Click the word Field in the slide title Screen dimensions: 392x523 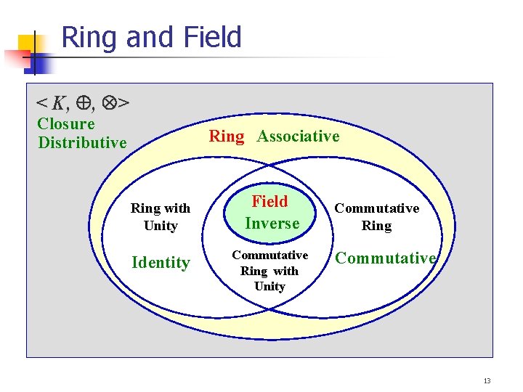(214, 37)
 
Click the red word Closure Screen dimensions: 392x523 (65, 123)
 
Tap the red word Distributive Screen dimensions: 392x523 (82, 142)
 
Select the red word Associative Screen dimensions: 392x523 (298, 136)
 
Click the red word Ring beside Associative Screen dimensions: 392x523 (227, 136)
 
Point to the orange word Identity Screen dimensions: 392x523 (161, 263)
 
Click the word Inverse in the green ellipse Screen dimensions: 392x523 (272, 224)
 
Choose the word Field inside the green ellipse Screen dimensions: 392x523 (270, 202)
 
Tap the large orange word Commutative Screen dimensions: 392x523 (385, 258)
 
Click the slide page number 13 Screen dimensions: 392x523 (487, 380)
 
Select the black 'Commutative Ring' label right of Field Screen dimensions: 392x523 (376, 217)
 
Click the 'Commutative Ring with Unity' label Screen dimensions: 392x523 (269, 271)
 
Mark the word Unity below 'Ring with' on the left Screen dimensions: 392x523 (161, 226)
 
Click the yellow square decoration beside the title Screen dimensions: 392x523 (28, 45)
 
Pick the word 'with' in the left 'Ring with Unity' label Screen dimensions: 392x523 (177, 208)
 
